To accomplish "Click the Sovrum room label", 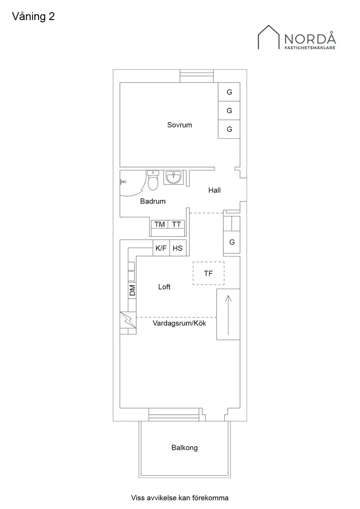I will [x=179, y=125].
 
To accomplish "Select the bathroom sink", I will [x=174, y=177].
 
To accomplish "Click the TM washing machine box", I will [x=160, y=224].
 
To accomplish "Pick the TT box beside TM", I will [x=176, y=224].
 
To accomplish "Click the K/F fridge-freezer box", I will [x=161, y=248].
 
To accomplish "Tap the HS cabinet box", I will [x=178, y=248].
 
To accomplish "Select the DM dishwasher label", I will [x=132, y=290].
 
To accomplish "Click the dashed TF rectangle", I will [x=208, y=273].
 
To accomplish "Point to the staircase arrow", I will [x=228, y=314].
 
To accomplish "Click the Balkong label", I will [x=185, y=448].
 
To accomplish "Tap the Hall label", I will [x=214, y=190].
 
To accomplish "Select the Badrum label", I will [x=153, y=202].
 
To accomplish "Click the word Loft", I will [x=164, y=287].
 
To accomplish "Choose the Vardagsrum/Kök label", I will [x=179, y=323].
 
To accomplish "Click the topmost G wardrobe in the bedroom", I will [x=229, y=92].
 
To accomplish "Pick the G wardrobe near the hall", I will [x=232, y=242].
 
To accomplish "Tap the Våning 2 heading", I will [x=33, y=17].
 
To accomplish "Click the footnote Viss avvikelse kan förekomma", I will [x=180, y=497].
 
